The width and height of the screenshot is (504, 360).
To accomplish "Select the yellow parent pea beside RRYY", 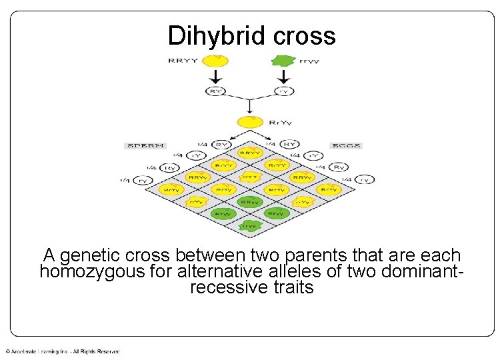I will pyautogui.click(x=215, y=61).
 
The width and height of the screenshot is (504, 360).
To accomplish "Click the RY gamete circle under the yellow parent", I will pyautogui.click(x=215, y=91).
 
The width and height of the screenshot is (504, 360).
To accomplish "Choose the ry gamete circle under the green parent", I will pyautogui.click(x=285, y=91).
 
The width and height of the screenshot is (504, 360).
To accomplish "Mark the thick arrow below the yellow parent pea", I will pyautogui.click(x=215, y=76).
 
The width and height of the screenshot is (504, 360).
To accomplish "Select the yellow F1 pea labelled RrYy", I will pyautogui.click(x=249, y=123).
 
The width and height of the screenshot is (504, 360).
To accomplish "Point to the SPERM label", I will pyautogui.click(x=144, y=145).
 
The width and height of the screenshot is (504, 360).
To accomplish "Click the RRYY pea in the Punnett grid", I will pyautogui.click(x=249, y=154).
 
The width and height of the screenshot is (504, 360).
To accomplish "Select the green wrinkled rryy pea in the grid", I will pyautogui.click(x=249, y=226).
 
